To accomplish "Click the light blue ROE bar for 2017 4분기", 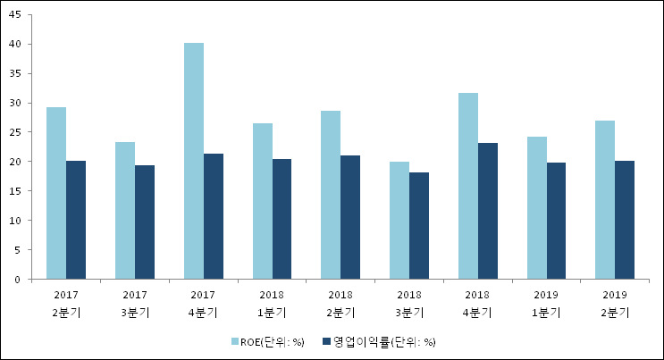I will (194, 161).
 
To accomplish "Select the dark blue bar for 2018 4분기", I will (487, 211).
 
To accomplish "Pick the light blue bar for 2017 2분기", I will (56, 193).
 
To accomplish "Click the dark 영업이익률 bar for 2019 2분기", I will (625, 220).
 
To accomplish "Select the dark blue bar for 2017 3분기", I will (145, 222).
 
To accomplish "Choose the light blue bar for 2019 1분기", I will (536, 207).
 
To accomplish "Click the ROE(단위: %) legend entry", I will (273, 341).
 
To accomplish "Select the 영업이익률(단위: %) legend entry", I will (384, 341).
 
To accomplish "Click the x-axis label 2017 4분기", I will (203, 303).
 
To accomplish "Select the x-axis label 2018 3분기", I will (408, 303).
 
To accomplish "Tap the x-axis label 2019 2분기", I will (615, 303).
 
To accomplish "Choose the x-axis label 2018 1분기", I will (272, 303).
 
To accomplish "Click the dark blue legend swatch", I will (326, 341).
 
